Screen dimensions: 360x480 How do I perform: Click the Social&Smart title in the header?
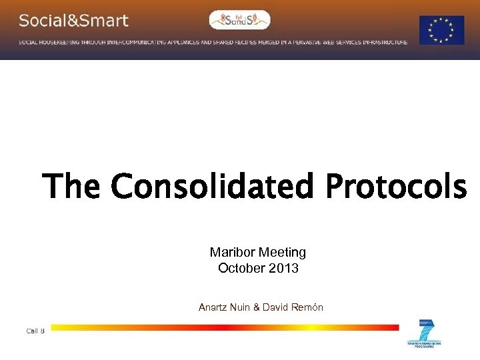coord(73,21)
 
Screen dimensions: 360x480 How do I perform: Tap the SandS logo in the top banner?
coord(239,20)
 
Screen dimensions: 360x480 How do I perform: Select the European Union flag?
coord(441,30)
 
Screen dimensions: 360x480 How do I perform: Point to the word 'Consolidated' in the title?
coord(212,186)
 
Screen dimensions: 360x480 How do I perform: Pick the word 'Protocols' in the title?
coord(396,186)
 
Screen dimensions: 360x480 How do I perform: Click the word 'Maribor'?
coord(231,252)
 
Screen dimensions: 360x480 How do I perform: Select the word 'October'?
coord(241,268)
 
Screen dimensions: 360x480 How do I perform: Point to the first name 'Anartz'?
coord(213,307)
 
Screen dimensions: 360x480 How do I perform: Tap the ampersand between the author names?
coord(257,307)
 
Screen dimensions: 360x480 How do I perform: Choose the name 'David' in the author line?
coord(276,307)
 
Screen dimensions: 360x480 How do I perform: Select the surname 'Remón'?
coord(308,307)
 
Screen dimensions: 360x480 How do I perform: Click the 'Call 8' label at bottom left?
coord(35,331)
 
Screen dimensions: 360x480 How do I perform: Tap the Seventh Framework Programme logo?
coord(424,333)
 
